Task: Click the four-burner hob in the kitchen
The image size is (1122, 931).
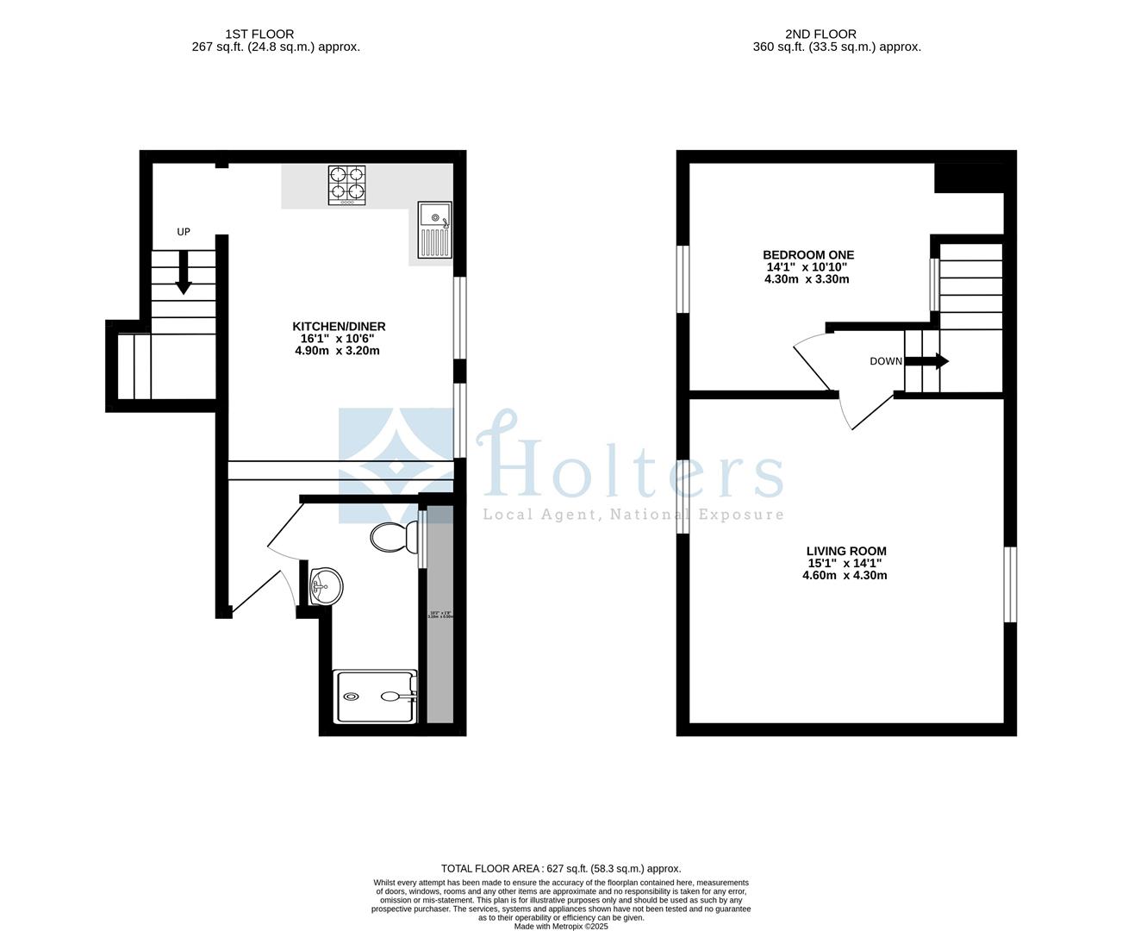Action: (346, 185)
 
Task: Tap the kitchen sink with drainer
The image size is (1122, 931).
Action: (434, 229)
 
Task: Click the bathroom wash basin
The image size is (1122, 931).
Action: (326, 587)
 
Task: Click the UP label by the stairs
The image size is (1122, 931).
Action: (184, 232)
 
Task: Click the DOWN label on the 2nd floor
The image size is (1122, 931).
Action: (885, 361)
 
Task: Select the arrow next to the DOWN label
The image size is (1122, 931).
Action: (927, 361)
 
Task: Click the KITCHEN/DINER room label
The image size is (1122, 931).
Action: (339, 327)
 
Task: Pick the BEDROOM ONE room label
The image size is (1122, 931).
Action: (808, 255)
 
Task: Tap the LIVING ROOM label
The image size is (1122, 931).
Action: (845, 551)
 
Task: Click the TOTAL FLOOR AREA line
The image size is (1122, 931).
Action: (561, 869)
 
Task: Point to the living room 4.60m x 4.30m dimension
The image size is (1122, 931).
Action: (845, 575)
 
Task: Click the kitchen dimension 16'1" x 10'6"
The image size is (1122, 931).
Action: (338, 339)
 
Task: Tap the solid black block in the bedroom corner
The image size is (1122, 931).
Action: (969, 178)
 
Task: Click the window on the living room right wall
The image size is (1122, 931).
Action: (1010, 584)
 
